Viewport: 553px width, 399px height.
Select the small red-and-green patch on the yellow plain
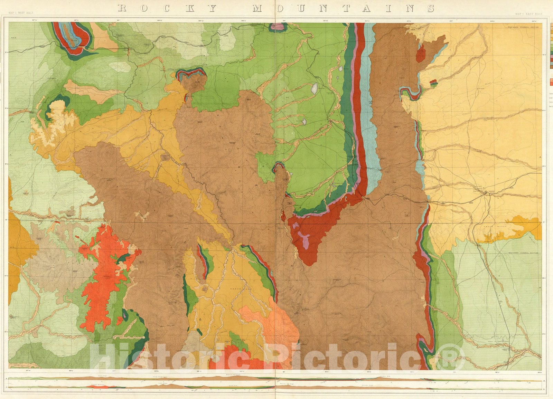coord(433,82)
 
